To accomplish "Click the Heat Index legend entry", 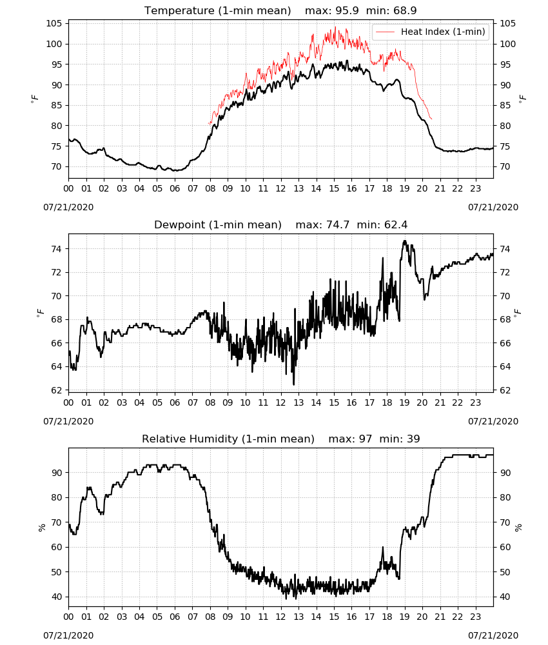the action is coord(431,32).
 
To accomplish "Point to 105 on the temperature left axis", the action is coord(54,23).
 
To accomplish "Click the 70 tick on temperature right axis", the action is coord(505,166).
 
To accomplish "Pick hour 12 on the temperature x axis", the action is coord(280,188).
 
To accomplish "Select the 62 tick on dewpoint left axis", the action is coord(57,390).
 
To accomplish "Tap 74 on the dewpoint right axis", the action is coord(505,249).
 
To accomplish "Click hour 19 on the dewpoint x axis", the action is coord(404,402).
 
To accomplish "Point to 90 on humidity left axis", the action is coord(57,473).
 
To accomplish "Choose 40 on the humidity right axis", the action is coord(505,597).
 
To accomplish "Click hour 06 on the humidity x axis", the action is coord(175,617).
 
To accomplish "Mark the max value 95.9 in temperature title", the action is coord(347,10).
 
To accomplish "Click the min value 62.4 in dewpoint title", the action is coord(396,224).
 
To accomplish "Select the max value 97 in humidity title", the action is coord(366,439).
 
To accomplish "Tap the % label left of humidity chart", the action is coord(41,528).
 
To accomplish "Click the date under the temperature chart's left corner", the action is coord(68,207).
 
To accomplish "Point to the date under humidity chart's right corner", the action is coord(493,635).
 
